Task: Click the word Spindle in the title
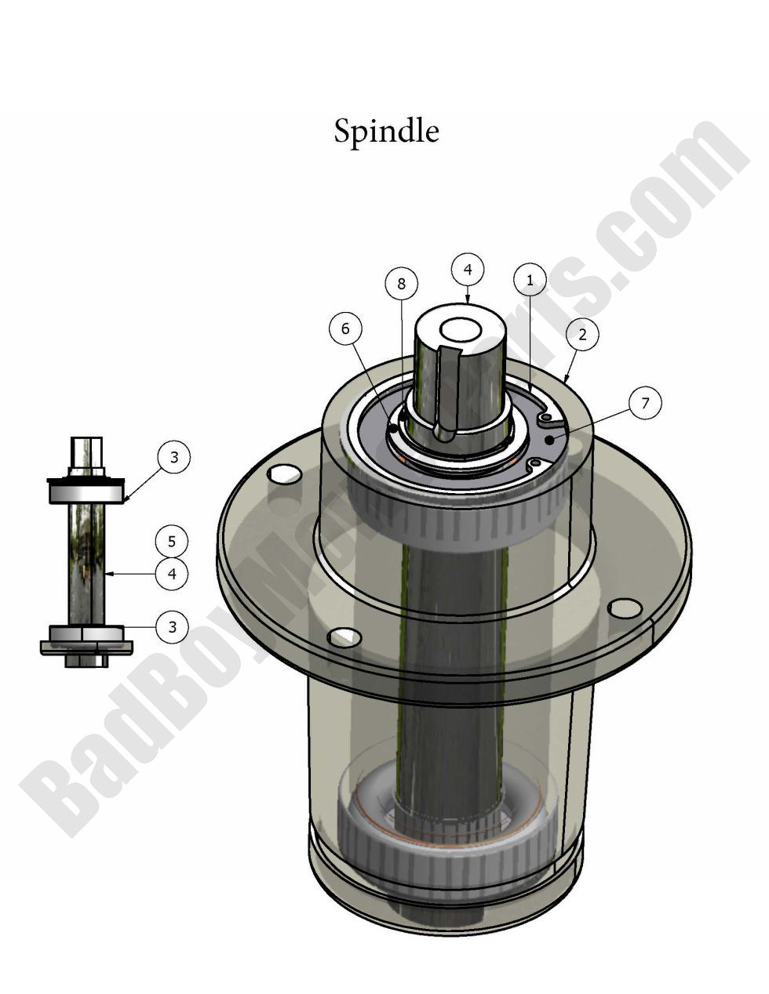(386, 131)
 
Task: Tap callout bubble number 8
(401, 284)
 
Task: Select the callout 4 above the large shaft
(468, 269)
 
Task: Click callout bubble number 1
(530, 280)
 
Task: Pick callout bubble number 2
(581, 334)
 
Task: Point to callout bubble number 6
(345, 329)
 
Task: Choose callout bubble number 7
(645, 403)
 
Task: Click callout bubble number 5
(172, 541)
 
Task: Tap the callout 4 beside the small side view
(172, 574)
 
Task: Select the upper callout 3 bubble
(174, 456)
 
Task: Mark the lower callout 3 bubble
(172, 626)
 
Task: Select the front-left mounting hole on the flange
(342, 636)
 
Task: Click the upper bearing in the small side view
(86, 492)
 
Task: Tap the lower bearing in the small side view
(86, 633)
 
